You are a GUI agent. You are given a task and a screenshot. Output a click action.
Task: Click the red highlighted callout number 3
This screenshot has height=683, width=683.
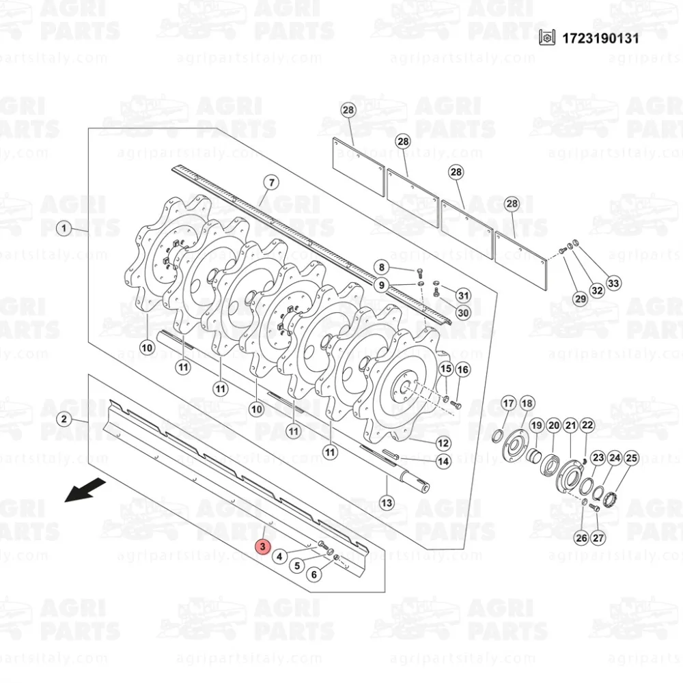point(263,546)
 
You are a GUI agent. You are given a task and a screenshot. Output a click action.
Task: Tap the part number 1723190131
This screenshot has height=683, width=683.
point(600,38)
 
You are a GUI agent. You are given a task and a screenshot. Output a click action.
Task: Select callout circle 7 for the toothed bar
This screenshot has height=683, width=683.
point(272,182)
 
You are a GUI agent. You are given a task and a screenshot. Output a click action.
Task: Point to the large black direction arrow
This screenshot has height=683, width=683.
point(85,490)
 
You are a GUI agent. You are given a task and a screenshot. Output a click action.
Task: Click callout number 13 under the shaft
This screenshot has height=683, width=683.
point(387,503)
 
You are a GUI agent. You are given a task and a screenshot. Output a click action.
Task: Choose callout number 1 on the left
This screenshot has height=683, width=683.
point(64,228)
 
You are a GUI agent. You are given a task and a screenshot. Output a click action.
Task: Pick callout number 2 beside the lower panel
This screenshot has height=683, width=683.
point(64,419)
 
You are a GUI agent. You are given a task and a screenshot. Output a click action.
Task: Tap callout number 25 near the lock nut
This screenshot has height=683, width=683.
point(631,458)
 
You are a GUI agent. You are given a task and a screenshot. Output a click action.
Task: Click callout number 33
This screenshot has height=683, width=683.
point(613,283)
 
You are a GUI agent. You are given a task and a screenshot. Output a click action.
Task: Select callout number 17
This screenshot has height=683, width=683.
point(509,404)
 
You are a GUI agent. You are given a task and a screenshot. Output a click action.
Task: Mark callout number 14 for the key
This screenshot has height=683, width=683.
point(443,461)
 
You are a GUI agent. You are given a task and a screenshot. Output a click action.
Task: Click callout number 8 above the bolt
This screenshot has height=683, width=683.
point(382,267)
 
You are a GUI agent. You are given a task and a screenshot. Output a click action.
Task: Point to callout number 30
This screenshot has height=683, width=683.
point(463,312)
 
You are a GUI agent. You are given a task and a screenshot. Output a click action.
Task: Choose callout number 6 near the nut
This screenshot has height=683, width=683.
point(314,574)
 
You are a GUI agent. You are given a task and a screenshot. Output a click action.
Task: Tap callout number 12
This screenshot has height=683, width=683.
point(443,443)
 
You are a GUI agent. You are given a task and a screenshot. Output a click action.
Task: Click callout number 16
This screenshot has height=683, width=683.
point(462,370)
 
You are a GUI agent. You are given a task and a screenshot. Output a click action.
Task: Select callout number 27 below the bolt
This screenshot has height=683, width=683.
point(598,538)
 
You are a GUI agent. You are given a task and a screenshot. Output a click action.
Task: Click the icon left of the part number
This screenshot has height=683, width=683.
point(547,38)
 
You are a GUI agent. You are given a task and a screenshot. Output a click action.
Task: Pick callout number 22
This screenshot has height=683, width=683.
point(587,425)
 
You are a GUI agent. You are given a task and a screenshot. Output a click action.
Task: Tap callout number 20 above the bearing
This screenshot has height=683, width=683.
point(554,425)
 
